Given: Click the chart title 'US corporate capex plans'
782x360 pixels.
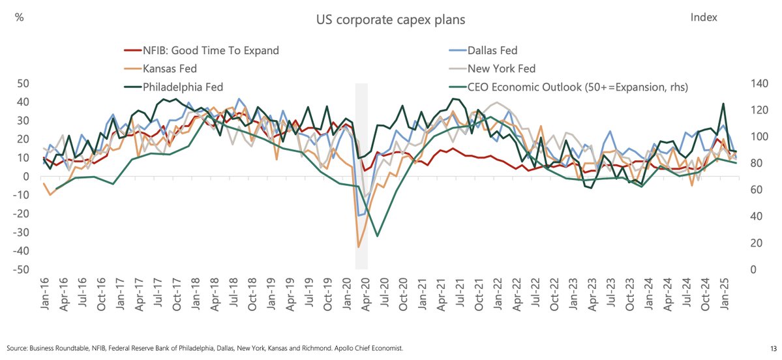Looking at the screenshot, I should coord(391,20).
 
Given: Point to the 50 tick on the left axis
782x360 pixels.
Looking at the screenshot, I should coord(23,83).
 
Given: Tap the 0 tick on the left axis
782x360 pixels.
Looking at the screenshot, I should coord(27,177).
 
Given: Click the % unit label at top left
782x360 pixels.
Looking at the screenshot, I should coord(20,18).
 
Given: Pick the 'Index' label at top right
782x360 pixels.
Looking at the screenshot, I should coord(703,18).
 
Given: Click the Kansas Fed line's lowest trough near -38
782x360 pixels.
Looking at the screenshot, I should coord(359,247).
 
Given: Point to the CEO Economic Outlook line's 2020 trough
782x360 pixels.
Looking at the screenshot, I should coord(378,235).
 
